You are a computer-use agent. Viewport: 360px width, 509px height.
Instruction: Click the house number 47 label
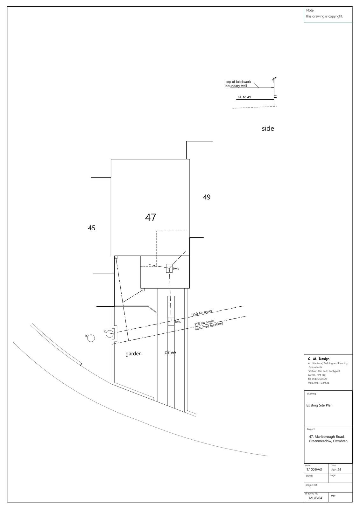[151, 218]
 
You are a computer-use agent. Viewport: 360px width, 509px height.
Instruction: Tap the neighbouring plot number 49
[207, 197]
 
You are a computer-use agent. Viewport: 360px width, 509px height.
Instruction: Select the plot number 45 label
[91, 228]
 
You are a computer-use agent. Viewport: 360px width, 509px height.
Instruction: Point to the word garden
[133, 354]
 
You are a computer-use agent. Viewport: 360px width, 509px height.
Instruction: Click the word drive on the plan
[170, 352]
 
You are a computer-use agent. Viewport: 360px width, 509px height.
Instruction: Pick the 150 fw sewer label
[202, 313]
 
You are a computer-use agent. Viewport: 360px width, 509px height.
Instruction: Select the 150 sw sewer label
[204, 323]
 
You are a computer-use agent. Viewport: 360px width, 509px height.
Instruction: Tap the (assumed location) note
[209, 326]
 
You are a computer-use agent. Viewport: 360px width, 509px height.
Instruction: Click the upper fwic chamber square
[169, 268]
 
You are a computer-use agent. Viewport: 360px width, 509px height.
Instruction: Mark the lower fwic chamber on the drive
[171, 321]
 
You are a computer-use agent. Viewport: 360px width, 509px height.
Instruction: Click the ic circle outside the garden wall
[91, 338]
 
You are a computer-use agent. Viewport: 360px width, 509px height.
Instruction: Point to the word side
[268, 129]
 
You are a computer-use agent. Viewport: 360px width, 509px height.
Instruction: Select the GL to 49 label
[244, 97]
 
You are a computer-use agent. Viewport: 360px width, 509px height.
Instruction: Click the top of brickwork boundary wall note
[238, 84]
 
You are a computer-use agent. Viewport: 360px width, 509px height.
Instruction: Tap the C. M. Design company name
[318, 359]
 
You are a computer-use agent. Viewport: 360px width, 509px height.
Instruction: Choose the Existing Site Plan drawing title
[319, 405]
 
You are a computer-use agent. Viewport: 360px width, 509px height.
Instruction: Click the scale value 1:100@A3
[314, 470]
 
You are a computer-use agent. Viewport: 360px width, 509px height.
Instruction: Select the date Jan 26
[336, 470]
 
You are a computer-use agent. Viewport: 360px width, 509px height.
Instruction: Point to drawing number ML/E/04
[315, 498]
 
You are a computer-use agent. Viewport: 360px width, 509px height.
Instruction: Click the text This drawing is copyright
[324, 16]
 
